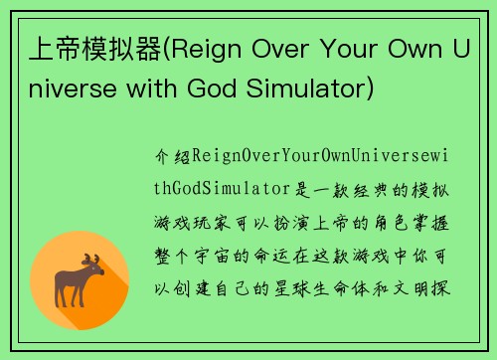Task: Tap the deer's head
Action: (94, 271)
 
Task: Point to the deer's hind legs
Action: (65, 294)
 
